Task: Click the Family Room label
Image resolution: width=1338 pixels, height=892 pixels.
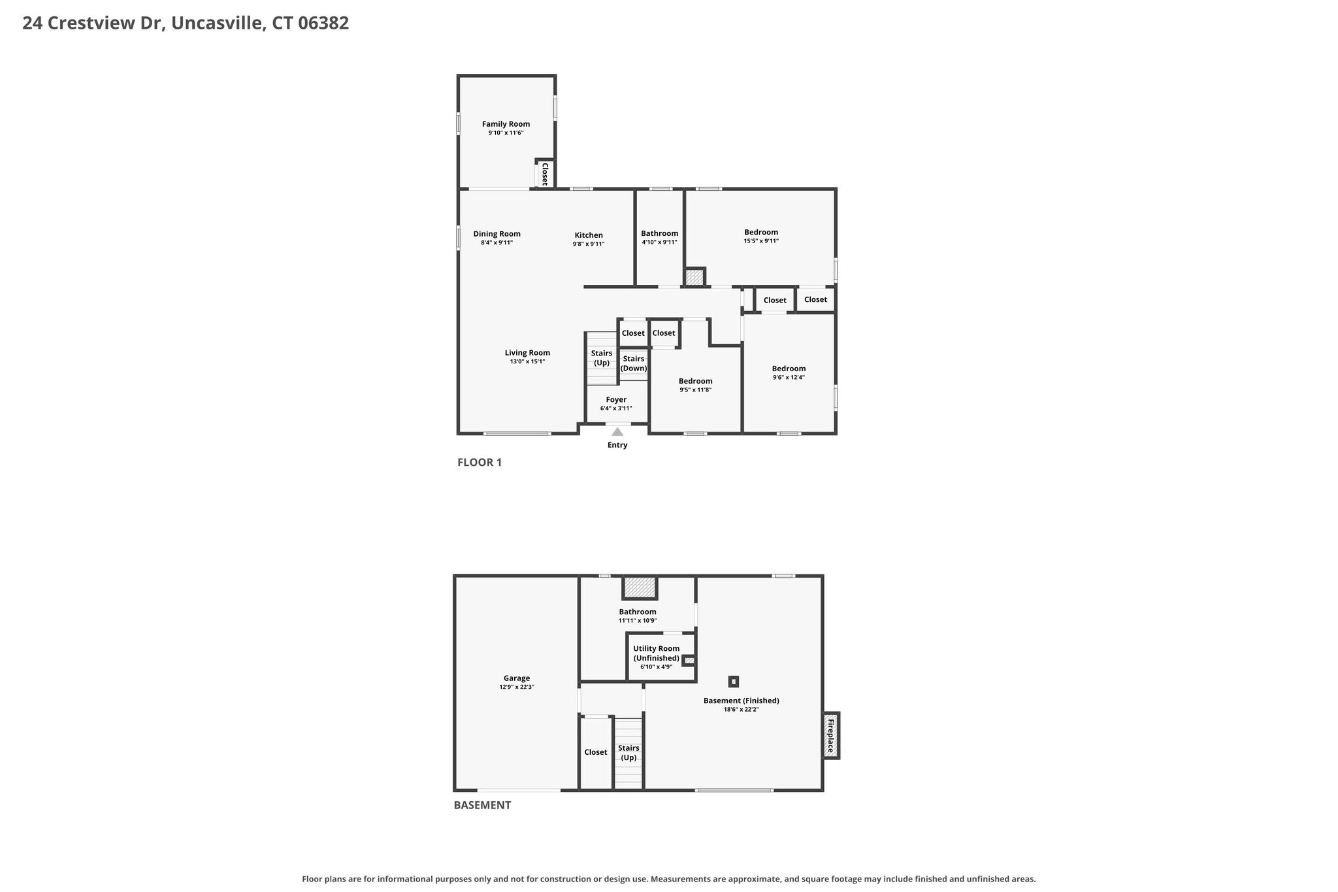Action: [506, 124]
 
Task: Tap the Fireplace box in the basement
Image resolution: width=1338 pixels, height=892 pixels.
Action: [830, 735]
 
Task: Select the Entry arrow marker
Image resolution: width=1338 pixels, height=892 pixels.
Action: [617, 431]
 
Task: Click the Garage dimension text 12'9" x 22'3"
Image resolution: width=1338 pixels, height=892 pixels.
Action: [517, 687]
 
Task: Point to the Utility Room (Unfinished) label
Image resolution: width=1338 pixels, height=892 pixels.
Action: [656, 653]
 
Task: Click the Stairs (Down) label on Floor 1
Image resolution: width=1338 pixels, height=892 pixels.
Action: [634, 363]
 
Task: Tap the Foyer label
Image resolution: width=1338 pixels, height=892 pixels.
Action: [616, 400]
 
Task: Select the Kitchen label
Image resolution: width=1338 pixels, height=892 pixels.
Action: [589, 235]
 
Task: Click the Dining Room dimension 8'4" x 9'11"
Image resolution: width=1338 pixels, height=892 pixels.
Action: [497, 243]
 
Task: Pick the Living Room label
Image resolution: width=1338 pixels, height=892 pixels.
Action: [527, 353]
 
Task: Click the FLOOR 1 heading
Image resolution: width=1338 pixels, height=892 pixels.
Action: [480, 463]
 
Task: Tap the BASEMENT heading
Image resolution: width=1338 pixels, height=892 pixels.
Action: [482, 805]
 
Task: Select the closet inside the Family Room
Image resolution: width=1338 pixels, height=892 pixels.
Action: [545, 174]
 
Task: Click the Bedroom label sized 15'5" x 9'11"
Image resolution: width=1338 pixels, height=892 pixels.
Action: [761, 232]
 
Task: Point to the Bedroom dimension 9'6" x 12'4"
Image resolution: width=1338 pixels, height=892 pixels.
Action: [789, 377]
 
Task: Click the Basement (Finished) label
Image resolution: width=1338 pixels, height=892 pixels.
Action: [741, 701]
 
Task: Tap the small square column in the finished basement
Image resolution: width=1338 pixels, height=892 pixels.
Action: [734, 682]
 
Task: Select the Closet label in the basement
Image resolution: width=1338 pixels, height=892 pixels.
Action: [595, 752]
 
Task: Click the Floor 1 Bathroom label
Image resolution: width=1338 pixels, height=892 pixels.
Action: [659, 233]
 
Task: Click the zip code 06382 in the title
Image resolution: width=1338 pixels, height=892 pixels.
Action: [323, 24]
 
